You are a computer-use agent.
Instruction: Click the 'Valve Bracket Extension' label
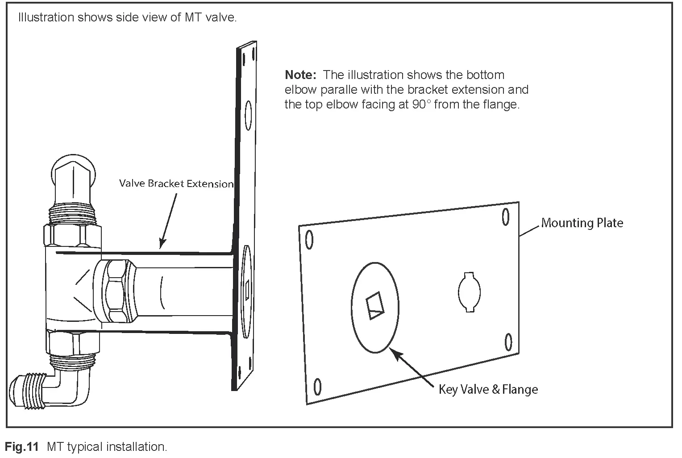[176, 184]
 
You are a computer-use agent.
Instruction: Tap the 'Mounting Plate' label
[582, 223]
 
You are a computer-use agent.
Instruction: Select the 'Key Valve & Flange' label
[488, 390]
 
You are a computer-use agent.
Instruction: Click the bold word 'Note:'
[300, 75]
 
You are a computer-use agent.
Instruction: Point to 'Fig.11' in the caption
[21, 446]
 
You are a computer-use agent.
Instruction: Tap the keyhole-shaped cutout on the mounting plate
[469, 292]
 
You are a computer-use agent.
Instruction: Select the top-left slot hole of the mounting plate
[308, 240]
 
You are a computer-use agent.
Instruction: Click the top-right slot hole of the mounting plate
[506, 217]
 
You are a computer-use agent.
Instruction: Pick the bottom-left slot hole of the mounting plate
[318, 386]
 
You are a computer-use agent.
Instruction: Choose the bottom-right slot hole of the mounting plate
[508, 342]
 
